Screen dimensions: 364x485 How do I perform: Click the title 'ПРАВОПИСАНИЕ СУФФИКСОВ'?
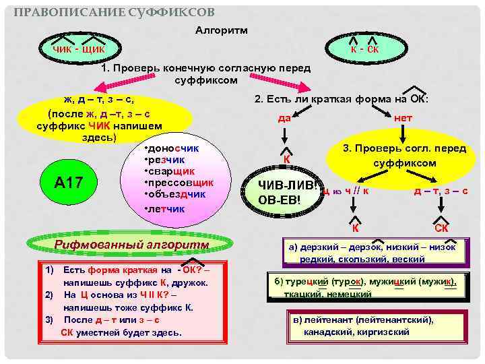click(x=115, y=12)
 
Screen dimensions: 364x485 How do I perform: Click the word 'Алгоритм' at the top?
click(x=222, y=30)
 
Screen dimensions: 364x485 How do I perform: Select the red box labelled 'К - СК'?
click(x=364, y=49)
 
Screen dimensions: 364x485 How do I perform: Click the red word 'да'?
click(x=284, y=118)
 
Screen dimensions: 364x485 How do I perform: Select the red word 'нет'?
click(x=403, y=118)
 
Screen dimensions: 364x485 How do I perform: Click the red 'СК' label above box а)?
click(x=441, y=229)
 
